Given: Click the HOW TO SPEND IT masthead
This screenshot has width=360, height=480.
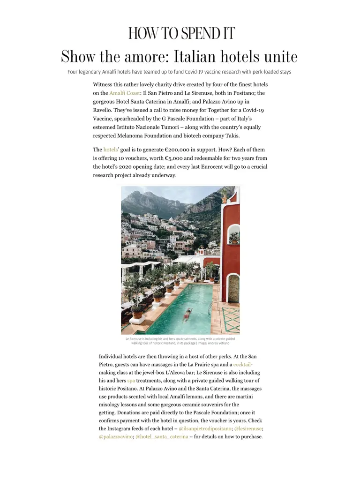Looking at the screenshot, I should click(x=181, y=34).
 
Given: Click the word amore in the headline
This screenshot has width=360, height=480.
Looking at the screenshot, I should click(x=147, y=57).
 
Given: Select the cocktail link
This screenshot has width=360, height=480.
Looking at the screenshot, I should click(x=242, y=365).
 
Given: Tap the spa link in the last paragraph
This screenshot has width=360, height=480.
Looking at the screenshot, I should click(x=131, y=381).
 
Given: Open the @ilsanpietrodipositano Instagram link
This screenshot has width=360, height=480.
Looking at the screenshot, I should click(x=205, y=429).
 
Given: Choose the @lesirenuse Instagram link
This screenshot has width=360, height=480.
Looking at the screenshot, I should click(x=247, y=429).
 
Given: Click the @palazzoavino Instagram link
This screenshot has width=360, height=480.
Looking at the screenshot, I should click(x=115, y=437).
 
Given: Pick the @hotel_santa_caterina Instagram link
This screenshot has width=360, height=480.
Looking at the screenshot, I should click(x=162, y=437).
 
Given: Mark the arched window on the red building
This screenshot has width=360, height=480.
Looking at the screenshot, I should click(x=233, y=237).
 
